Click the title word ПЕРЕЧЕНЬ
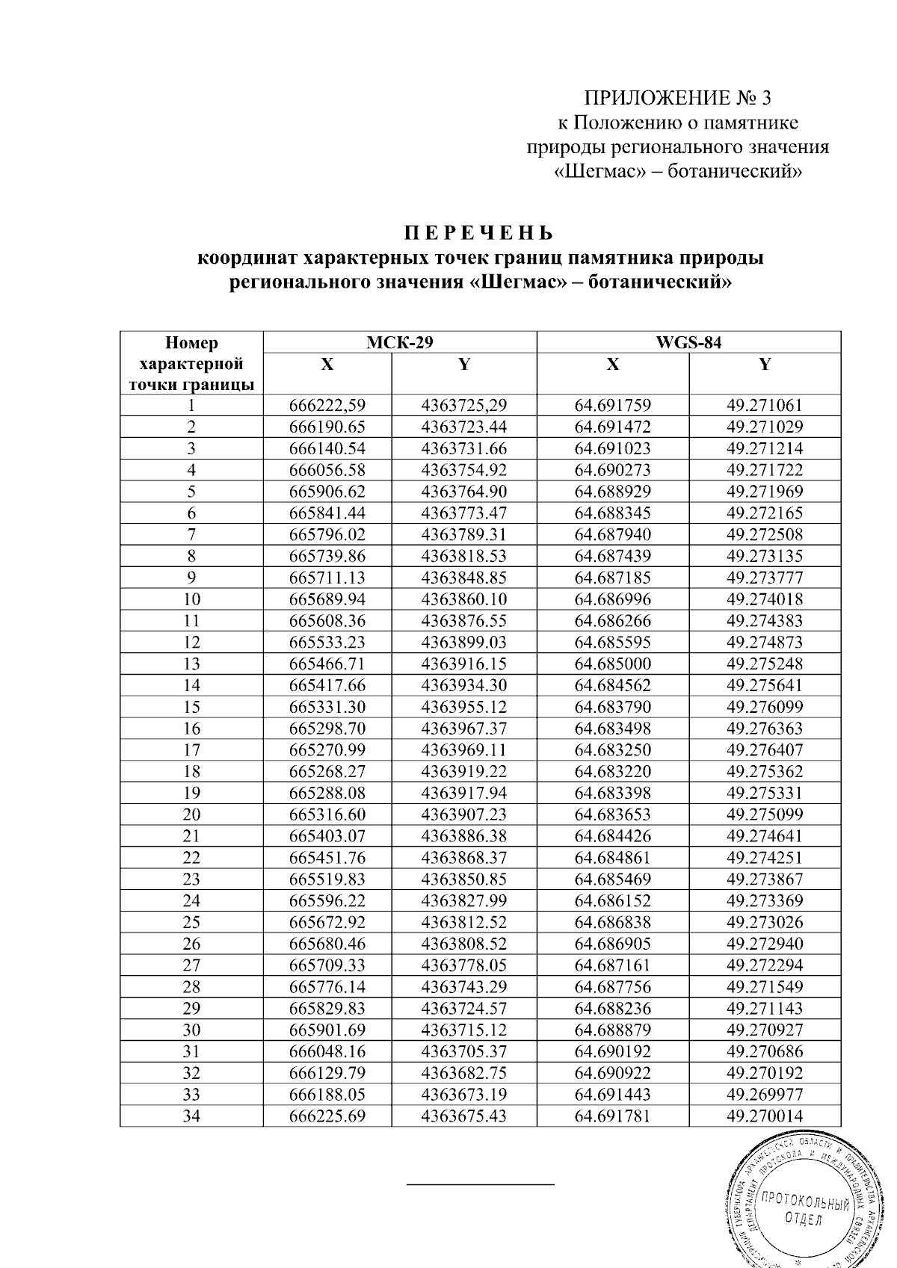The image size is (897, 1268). (479, 234)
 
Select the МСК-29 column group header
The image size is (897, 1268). (400, 343)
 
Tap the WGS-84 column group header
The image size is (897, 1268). (688, 343)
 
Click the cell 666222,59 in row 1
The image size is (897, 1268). (327, 406)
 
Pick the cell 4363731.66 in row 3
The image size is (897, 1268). (464, 449)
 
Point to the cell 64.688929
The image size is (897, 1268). (612, 492)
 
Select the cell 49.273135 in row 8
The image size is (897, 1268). (764, 557)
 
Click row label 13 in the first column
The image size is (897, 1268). (191, 664)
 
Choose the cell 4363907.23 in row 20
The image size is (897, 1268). (464, 815)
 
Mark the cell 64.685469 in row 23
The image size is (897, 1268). (612, 879)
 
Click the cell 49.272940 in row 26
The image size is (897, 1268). (764, 944)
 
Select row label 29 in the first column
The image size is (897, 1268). (191, 1009)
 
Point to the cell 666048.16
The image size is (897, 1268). (327, 1052)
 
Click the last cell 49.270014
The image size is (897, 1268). (764, 1116)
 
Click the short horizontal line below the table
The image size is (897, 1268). (480, 1184)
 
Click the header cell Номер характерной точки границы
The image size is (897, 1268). (191, 364)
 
